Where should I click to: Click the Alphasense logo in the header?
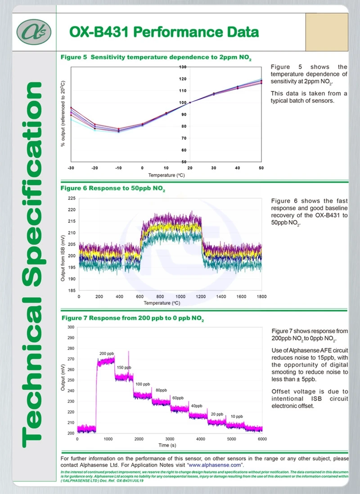(x=34, y=32)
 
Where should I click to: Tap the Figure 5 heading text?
(x=156, y=58)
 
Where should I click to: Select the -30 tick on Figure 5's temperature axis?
(x=71, y=168)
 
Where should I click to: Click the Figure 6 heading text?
(x=113, y=188)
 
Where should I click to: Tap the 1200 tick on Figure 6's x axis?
(x=201, y=297)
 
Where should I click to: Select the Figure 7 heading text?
(x=133, y=318)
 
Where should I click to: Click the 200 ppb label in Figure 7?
(x=106, y=354)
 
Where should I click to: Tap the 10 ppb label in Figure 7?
(x=236, y=417)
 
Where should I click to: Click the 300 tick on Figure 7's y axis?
(x=71, y=327)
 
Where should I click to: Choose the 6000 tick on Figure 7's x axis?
(x=262, y=439)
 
